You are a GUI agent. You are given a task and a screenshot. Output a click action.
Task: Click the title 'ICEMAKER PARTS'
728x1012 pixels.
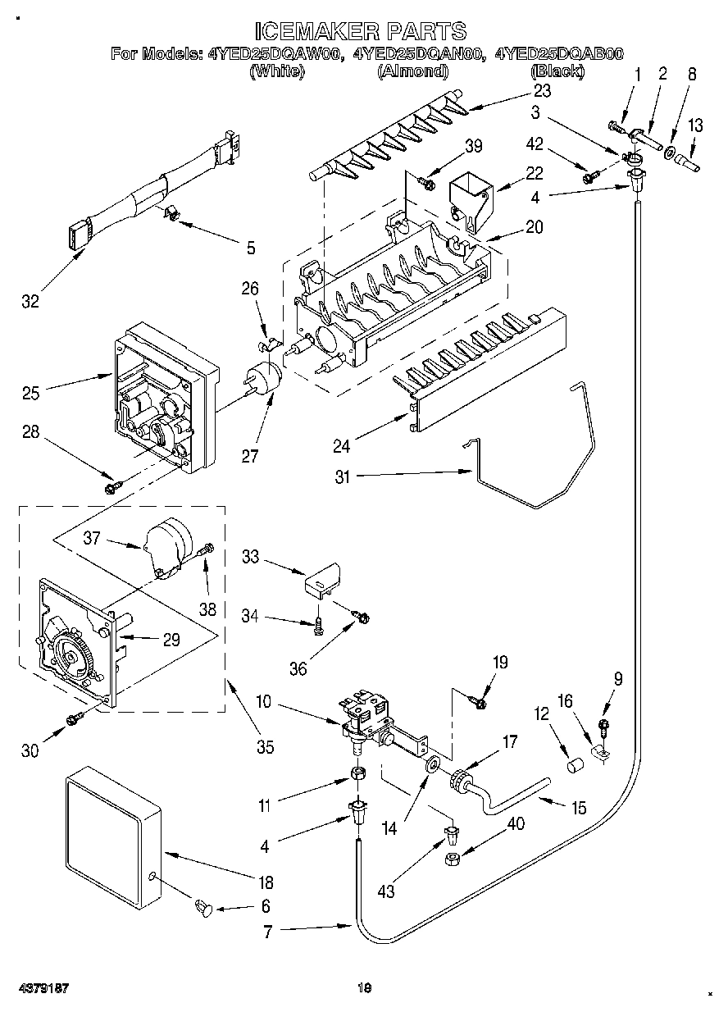[361, 31]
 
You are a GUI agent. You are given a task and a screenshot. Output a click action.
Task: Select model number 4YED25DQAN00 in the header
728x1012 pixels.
[418, 54]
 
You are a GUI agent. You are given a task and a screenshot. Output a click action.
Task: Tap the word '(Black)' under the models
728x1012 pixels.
[557, 71]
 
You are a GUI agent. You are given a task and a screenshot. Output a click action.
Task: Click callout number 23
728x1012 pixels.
[542, 91]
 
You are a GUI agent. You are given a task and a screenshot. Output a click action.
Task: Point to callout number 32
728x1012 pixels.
[30, 301]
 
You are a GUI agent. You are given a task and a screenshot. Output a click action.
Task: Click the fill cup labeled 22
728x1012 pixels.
[471, 202]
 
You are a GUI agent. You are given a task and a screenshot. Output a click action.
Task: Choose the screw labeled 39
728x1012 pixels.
[425, 182]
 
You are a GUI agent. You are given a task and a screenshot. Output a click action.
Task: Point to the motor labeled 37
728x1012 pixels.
[168, 549]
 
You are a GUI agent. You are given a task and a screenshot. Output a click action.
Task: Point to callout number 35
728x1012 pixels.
[266, 747]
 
